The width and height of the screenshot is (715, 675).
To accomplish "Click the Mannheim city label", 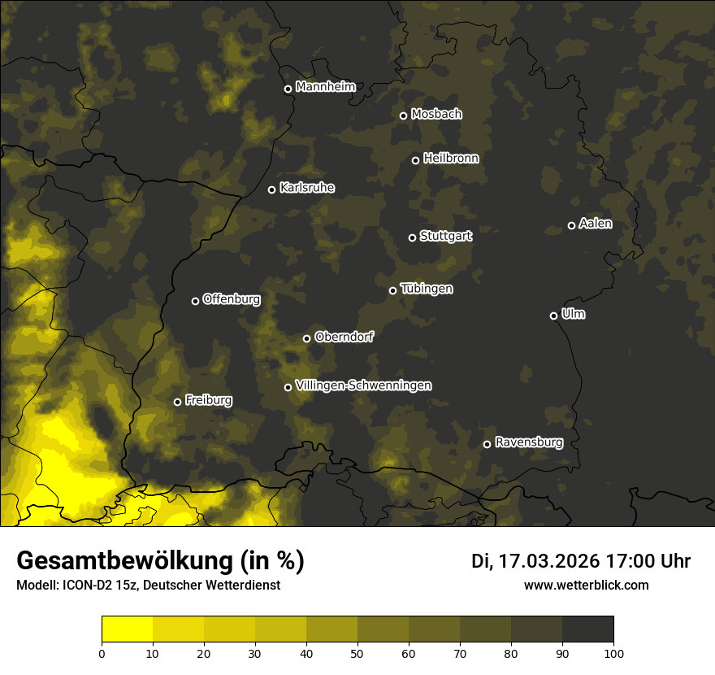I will click(x=326, y=87).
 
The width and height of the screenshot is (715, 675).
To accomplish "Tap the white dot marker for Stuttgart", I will click(x=412, y=237).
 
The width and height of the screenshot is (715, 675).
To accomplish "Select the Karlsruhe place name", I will click(x=307, y=188).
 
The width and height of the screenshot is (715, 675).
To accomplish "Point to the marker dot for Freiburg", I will click(x=177, y=402).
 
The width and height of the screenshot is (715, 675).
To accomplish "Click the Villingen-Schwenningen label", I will click(x=363, y=385).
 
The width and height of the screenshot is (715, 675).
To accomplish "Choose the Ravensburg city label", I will click(x=529, y=442).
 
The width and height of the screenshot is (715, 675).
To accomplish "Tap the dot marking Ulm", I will click(x=553, y=316).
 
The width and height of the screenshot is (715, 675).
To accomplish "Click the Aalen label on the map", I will click(x=596, y=224).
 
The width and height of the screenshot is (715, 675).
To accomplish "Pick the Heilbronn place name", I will click(x=451, y=159).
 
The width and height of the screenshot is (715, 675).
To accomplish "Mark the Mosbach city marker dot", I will click(x=403, y=115).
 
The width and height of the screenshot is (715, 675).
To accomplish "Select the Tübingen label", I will click(x=427, y=289).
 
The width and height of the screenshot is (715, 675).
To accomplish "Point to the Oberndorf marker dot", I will click(x=306, y=338).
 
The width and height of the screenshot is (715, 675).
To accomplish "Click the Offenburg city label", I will click(x=232, y=299).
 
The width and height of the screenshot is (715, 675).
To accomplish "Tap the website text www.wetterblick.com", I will click(x=586, y=585).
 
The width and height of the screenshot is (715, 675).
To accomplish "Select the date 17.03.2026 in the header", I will click(x=548, y=561).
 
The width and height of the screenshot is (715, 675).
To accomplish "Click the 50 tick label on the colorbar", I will click(x=357, y=653).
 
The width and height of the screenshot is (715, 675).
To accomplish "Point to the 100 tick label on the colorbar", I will click(x=613, y=653).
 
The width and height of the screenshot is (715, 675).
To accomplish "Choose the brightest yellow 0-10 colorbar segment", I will click(x=128, y=629).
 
